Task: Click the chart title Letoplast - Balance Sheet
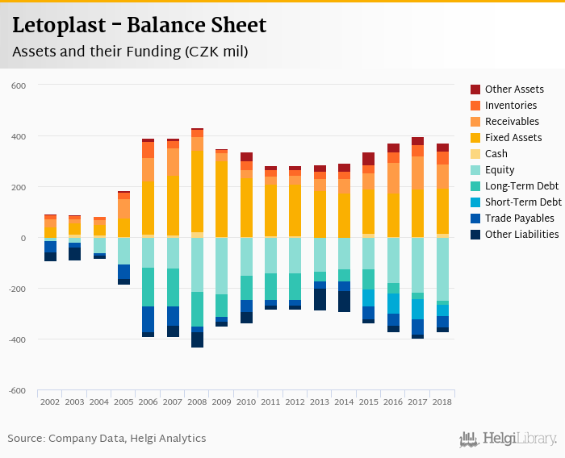(139, 25)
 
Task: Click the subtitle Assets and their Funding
(129, 52)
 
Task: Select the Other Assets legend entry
(514, 90)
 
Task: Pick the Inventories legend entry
(511, 106)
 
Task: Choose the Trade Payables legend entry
(519, 219)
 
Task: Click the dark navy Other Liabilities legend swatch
(476, 235)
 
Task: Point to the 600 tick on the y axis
(19, 85)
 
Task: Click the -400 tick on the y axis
(17, 339)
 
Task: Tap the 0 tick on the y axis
(24, 238)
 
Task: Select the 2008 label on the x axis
(197, 401)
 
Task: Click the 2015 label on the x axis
(369, 401)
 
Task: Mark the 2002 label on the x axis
(50, 401)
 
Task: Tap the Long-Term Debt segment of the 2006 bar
(148, 287)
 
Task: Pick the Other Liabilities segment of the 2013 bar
(320, 299)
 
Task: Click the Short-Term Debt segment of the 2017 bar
(417, 310)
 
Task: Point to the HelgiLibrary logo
(508, 439)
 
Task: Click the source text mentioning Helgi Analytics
(107, 439)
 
